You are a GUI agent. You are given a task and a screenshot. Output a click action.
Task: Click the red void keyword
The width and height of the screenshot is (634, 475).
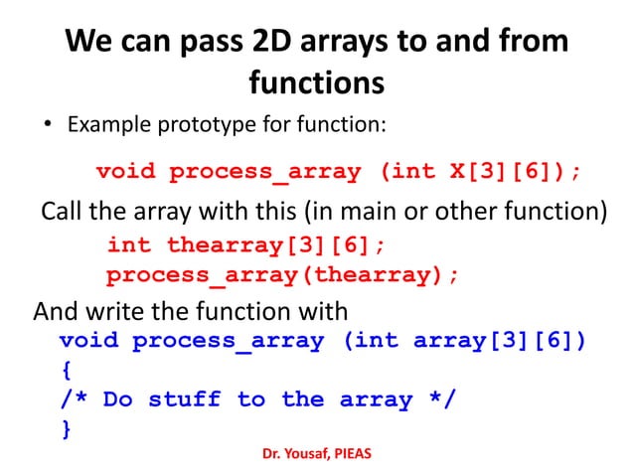(x=125, y=172)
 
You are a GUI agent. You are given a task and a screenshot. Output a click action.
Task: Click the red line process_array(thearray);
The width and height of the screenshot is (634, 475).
(x=283, y=275)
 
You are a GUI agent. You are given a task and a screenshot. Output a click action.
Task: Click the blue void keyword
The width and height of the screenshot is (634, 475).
(x=89, y=341)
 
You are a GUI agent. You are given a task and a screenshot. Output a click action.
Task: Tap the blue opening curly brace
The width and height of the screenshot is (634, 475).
(x=67, y=371)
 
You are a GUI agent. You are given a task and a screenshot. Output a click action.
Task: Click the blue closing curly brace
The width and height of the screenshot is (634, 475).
(x=67, y=429)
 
